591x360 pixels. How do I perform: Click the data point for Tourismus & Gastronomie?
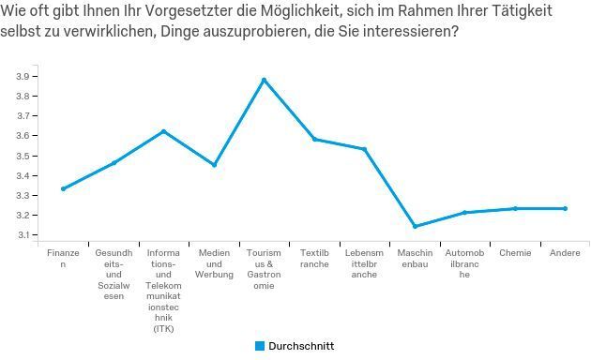[x=264, y=80]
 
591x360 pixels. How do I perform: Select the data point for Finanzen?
[x=63, y=188]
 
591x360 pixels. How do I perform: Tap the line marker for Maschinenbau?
[x=415, y=226]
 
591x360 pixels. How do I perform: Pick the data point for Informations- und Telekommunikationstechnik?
[x=163, y=131]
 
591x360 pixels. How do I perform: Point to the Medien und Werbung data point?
[x=214, y=165]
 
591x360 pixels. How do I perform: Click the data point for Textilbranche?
[x=314, y=139]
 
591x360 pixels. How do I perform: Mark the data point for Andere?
[x=565, y=208]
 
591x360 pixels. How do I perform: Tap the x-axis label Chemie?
[x=515, y=253]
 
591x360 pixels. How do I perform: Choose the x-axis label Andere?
[x=565, y=253]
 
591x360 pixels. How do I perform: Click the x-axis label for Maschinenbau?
[x=415, y=259]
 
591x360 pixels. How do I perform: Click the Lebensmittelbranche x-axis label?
[x=364, y=264]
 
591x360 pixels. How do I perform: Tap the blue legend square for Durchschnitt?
[x=260, y=346]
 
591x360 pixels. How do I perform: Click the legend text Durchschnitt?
[x=301, y=346]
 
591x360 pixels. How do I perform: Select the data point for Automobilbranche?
[x=464, y=213]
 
